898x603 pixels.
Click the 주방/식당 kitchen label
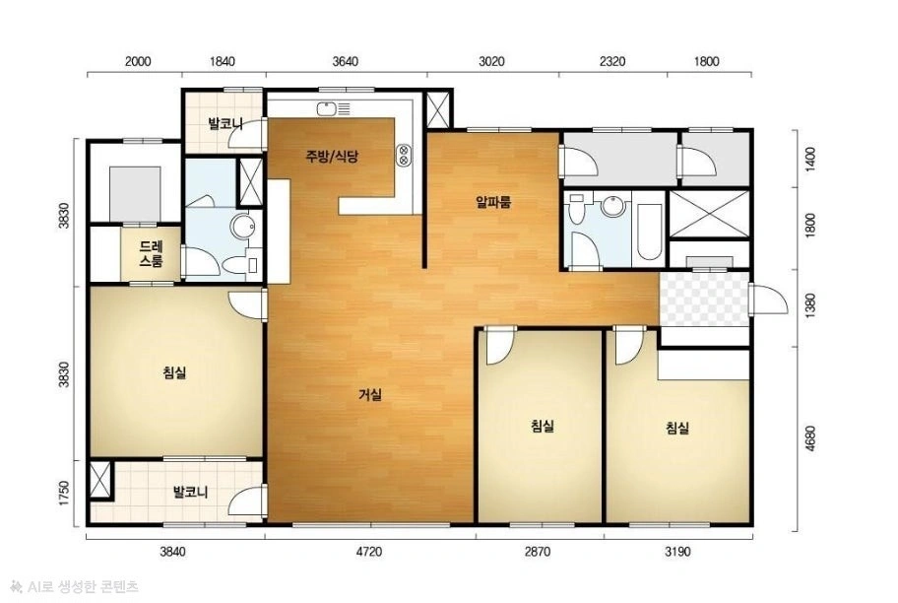click(332, 156)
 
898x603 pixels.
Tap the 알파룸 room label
click(493, 202)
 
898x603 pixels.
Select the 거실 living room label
click(370, 394)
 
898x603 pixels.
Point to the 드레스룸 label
click(152, 254)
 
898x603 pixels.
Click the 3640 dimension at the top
click(346, 61)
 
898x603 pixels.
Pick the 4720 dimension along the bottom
click(368, 552)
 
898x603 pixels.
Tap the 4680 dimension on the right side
click(809, 438)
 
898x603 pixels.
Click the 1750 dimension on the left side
click(64, 493)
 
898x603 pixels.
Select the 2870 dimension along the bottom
click(538, 552)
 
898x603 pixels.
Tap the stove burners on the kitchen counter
click(404, 154)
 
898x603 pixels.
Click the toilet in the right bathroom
click(576, 209)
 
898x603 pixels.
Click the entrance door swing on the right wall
click(764, 299)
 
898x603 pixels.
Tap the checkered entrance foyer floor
click(704, 300)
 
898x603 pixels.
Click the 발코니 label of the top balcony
click(225, 123)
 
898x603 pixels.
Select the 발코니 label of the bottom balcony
click(191, 492)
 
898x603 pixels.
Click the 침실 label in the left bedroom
click(174, 372)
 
